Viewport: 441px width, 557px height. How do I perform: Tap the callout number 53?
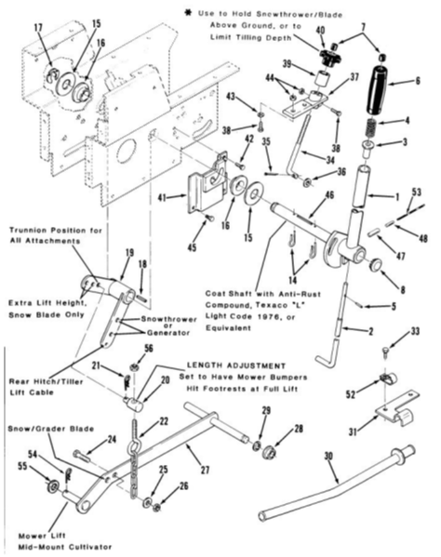pos(417,192)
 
